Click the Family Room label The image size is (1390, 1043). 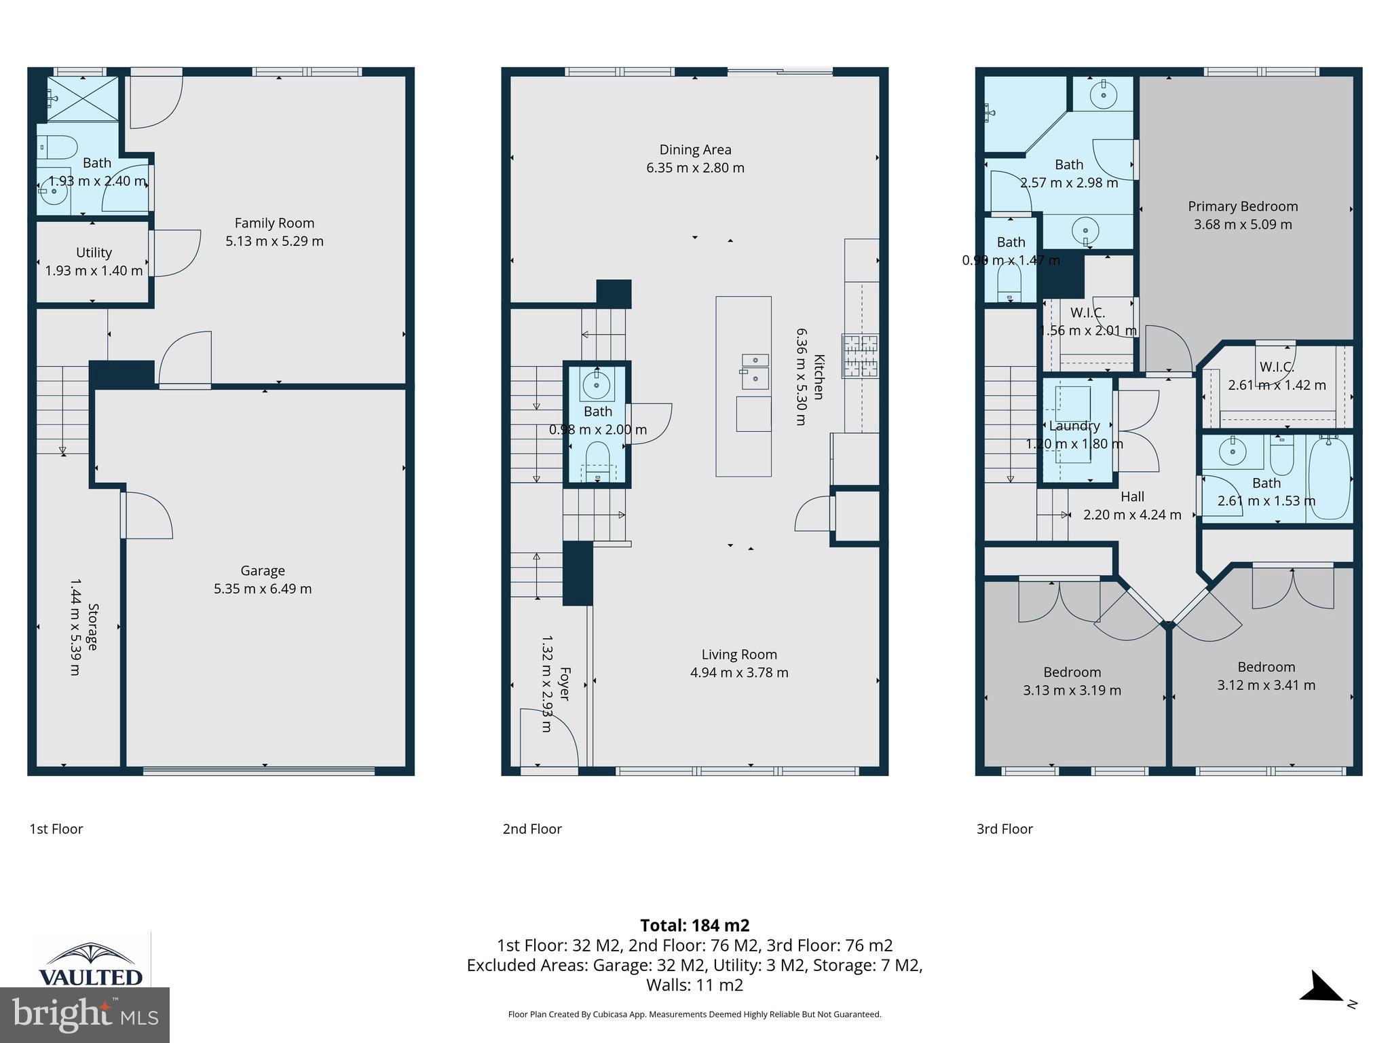tap(274, 223)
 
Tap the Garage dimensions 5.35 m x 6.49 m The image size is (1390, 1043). tap(263, 589)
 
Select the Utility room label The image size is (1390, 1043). tap(94, 253)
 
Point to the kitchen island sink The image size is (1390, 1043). tap(755, 370)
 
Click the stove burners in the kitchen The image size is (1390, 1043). tap(860, 356)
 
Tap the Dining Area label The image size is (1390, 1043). tap(695, 149)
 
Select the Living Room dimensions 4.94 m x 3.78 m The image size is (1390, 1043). tap(739, 672)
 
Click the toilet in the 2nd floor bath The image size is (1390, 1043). tap(597, 459)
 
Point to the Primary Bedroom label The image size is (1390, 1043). tap(1243, 206)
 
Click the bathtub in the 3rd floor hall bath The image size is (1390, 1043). tap(1329, 479)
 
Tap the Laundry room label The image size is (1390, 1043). tap(1074, 426)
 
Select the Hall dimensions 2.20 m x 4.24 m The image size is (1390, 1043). tap(1132, 515)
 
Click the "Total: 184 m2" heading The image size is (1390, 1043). tap(695, 925)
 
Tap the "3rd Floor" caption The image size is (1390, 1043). tap(1004, 828)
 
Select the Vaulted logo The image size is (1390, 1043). tap(91, 964)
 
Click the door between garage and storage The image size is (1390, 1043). tap(146, 515)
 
